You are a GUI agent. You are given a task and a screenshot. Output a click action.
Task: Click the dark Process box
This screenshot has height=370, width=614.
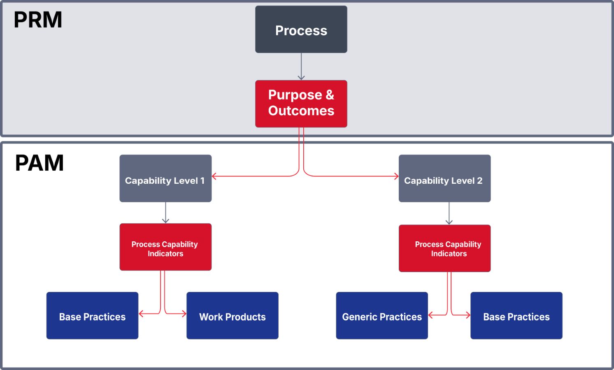[x=301, y=29]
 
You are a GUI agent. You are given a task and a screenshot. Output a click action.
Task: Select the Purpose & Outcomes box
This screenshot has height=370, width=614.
[x=301, y=104]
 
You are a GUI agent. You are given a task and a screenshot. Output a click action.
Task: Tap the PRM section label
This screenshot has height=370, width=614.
[x=38, y=20]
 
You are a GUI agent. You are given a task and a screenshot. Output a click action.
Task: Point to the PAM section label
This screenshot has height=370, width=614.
[x=39, y=163]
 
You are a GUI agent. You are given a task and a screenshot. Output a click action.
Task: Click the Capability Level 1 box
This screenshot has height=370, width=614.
[x=165, y=178]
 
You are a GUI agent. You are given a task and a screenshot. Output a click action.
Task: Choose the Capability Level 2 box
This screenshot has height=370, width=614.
[x=444, y=178]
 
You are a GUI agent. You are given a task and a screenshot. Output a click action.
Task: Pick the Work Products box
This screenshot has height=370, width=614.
[x=233, y=315]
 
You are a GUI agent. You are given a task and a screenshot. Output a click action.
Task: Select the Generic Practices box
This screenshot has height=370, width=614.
[x=382, y=315]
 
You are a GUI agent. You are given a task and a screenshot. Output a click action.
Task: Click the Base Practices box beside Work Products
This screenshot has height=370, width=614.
[x=92, y=315]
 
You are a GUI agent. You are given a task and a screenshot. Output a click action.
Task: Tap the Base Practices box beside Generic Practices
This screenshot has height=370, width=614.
[x=516, y=315]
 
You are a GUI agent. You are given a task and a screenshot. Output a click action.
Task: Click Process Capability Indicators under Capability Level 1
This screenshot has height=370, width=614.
[x=165, y=247]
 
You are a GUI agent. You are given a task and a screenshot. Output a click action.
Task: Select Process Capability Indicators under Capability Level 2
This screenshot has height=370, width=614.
[x=444, y=248]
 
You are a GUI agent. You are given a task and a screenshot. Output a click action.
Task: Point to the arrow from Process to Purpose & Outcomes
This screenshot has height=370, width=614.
[x=301, y=67]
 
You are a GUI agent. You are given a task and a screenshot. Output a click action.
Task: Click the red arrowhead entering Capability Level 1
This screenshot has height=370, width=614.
[x=214, y=176]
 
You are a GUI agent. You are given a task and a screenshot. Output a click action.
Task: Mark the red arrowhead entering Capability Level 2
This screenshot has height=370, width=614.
[x=396, y=176]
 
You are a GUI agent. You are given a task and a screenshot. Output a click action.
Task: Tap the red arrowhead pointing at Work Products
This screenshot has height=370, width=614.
[x=184, y=314]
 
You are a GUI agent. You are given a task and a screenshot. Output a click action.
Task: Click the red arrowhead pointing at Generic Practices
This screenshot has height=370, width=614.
[x=430, y=315]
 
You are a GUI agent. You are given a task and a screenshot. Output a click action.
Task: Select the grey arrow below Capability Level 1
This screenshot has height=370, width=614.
[x=165, y=213]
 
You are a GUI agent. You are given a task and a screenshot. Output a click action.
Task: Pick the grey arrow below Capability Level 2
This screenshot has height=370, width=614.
[x=449, y=213]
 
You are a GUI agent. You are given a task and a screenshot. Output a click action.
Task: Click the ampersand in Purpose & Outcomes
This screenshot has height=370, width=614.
[x=330, y=95]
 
